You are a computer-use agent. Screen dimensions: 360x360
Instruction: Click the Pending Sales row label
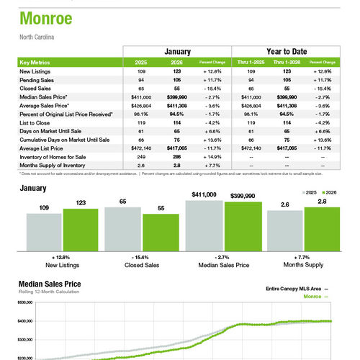point(37,81)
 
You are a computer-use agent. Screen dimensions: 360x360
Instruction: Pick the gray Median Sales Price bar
point(204,223)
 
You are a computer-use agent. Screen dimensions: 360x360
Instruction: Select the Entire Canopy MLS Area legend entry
point(294,287)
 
